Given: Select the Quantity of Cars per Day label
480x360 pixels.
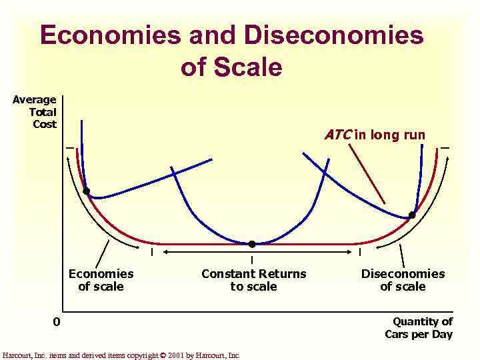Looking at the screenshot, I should pos(419,327).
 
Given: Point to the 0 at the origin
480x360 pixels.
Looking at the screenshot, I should pos(57,323).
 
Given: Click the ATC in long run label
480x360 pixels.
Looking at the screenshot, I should pos(375,135).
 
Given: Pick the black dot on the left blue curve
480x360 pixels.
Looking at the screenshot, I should pos(86,191).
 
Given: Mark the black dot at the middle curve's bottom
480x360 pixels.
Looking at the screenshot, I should pos(252,244).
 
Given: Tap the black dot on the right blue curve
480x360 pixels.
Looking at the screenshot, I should pos(412,215).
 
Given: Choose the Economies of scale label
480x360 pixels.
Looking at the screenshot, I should pos(101,280).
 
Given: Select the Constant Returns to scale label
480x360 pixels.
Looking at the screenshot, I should pos(254,280).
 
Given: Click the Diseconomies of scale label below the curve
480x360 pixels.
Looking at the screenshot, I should pos(403,280).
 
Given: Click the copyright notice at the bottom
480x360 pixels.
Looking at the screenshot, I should pos(121,355).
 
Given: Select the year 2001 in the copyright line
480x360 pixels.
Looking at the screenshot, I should pos(177,355).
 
